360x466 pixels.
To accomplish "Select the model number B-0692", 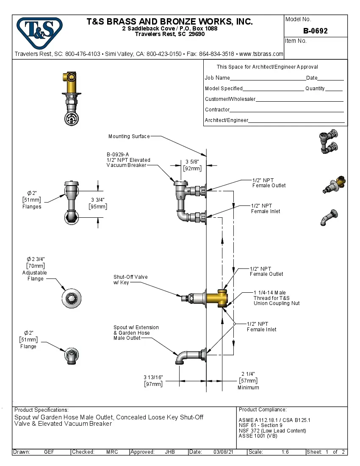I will [316, 31].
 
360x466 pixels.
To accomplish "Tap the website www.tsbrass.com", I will [261, 54].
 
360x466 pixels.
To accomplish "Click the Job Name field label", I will [217, 78].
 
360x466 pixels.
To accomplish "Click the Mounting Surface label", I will [129, 136].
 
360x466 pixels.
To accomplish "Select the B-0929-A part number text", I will [118, 155].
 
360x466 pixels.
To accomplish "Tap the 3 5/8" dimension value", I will [192, 161].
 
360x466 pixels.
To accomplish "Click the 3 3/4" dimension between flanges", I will [98, 200].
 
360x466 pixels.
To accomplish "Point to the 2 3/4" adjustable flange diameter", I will [36, 259].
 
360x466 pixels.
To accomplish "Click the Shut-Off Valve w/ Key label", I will [130, 280].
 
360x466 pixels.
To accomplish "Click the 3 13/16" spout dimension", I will [153, 377].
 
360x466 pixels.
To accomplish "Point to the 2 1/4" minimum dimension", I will [248, 374].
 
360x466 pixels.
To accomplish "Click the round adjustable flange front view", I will [71, 298].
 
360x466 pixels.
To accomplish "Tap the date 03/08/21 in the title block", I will [224, 452].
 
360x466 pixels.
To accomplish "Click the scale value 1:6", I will [285, 452].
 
